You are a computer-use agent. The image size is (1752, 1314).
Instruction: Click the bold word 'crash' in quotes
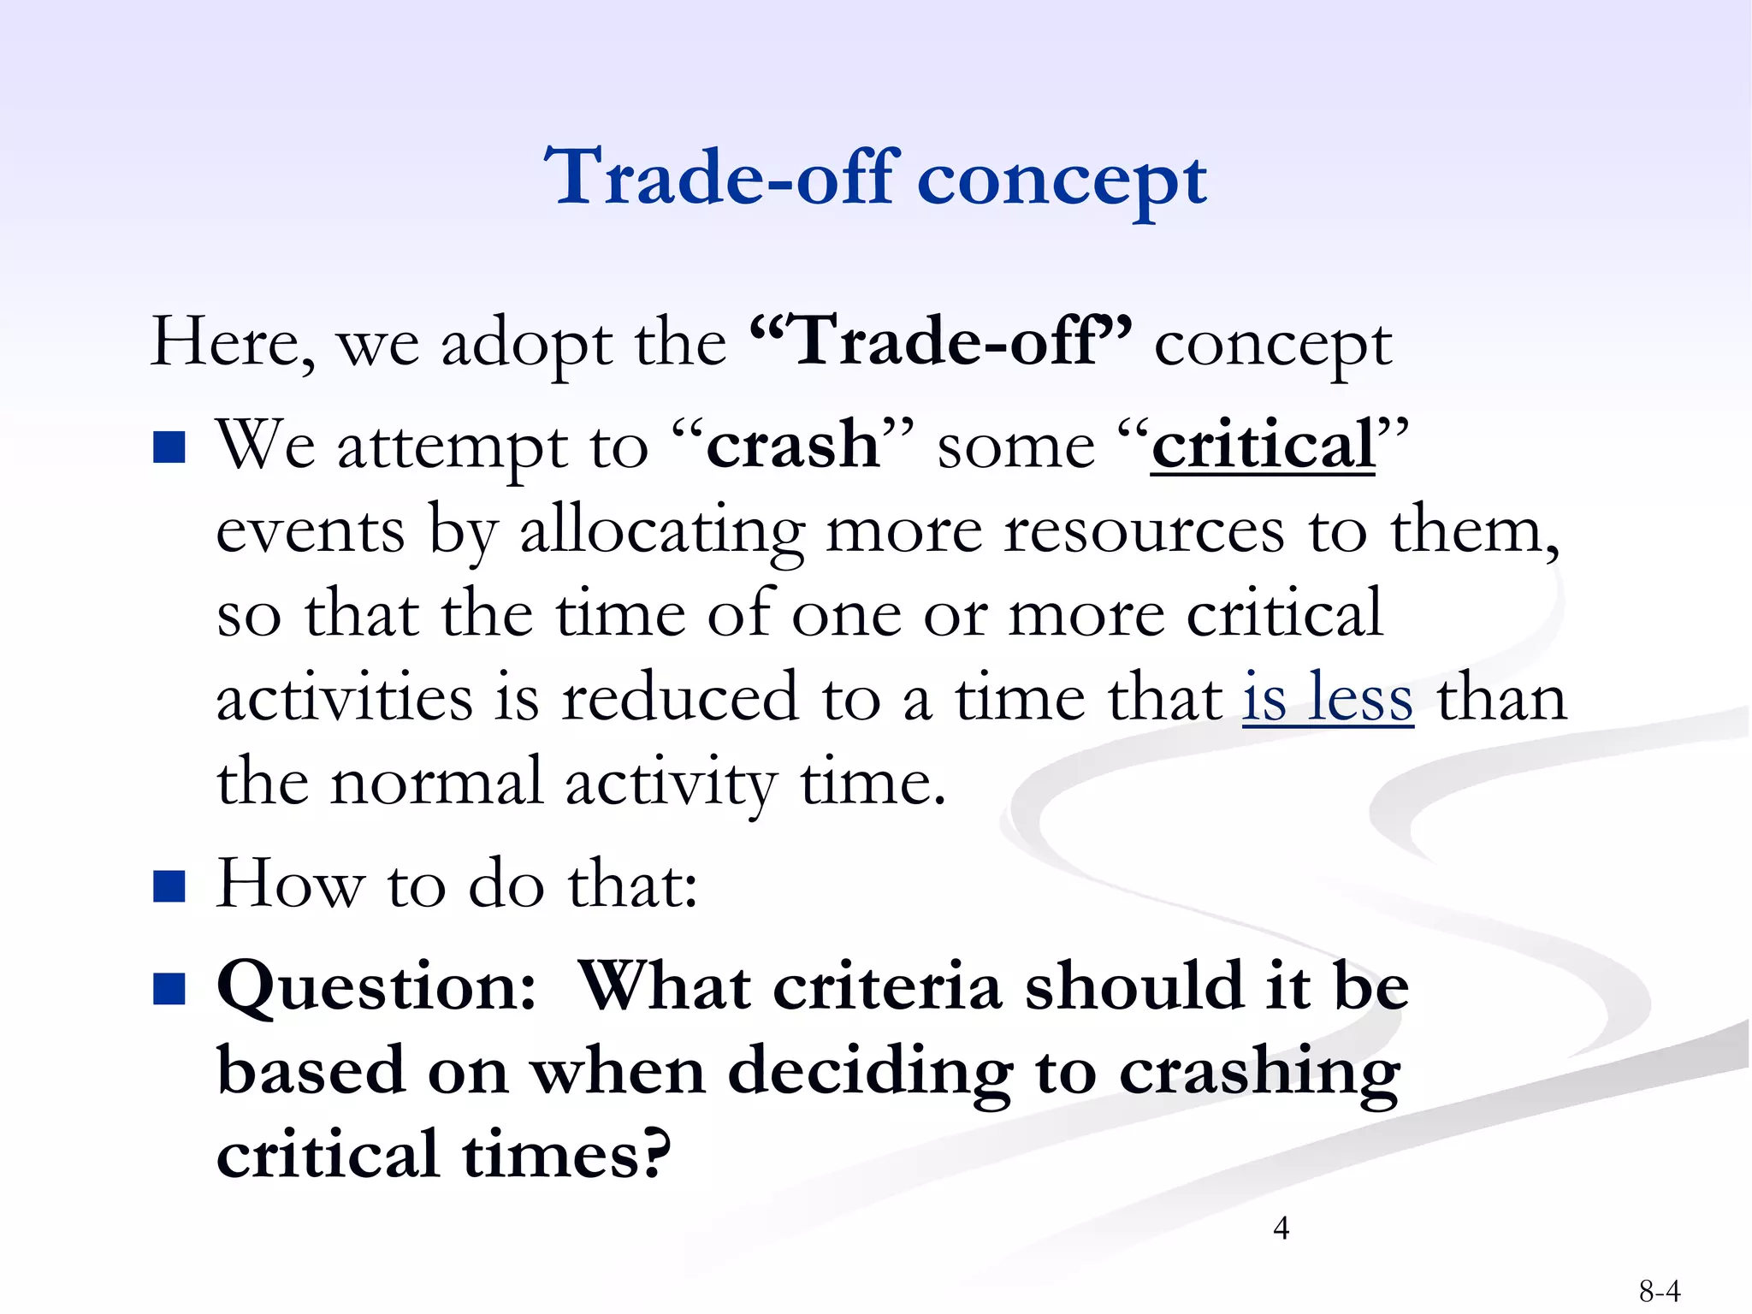[x=792, y=445]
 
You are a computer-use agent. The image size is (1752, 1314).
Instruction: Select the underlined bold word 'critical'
[x=1263, y=445]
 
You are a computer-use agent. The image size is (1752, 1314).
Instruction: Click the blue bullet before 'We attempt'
[x=169, y=447]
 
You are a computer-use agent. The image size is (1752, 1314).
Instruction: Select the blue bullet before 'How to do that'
[x=169, y=886]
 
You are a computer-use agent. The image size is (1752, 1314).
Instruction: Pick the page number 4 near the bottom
[x=1281, y=1228]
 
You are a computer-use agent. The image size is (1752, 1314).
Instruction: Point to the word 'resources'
[x=1143, y=531]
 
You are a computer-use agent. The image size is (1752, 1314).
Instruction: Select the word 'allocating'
[x=662, y=531]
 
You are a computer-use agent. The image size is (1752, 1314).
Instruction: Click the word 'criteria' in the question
[x=887, y=986]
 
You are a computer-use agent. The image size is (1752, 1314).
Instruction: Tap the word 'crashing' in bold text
[x=1259, y=1072]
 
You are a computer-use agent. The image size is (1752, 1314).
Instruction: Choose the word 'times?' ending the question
[x=566, y=1155]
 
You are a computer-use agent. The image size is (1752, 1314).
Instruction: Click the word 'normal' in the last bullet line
[x=436, y=783]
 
